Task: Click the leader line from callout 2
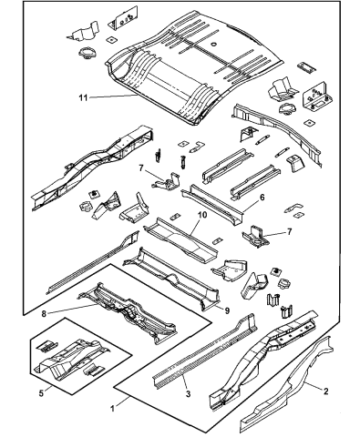(x=309, y=386)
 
